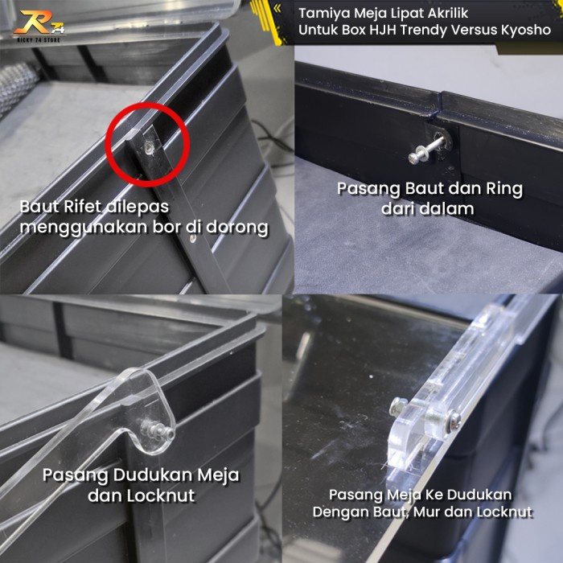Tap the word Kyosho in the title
(526, 31)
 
